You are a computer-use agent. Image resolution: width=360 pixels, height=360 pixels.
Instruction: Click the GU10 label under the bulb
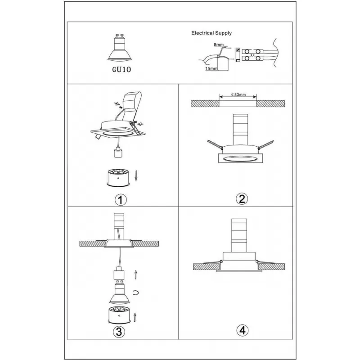tap(121, 69)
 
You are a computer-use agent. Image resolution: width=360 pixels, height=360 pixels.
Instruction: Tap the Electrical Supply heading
tap(211, 33)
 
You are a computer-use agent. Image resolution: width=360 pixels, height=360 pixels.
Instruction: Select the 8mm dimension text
tap(219, 45)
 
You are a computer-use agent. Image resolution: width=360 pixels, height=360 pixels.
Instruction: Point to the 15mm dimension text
tap(211, 69)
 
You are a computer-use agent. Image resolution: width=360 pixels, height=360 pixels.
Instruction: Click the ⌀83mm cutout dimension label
tap(238, 94)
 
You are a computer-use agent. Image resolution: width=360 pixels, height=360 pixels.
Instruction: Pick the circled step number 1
tap(121, 200)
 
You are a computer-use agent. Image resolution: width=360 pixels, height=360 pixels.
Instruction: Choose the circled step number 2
tap(242, 199)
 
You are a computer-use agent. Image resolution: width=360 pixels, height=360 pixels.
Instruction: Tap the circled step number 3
tap(119, 332)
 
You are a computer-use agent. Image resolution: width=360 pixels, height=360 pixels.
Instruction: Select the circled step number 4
tap(243, 331)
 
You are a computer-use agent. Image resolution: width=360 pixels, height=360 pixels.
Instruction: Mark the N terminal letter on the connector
tap(238, 50)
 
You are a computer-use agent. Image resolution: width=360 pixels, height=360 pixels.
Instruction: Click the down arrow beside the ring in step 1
tap(136, 175)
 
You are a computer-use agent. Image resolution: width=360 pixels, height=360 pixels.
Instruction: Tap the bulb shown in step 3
tap(119, 292)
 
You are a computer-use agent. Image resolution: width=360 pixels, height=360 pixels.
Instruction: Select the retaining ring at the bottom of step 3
tap(119, 315)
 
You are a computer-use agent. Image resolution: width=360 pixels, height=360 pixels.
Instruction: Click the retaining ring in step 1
tap(118, 177)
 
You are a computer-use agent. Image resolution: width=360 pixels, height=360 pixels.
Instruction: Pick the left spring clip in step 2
tap(215, 144)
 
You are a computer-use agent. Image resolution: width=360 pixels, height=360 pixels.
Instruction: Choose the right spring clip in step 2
tap(266, 144)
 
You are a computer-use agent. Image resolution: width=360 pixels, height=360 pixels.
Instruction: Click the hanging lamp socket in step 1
tap(118, 153)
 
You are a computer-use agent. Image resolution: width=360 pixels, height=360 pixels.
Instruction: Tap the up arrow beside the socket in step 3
tap(136, 275)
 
